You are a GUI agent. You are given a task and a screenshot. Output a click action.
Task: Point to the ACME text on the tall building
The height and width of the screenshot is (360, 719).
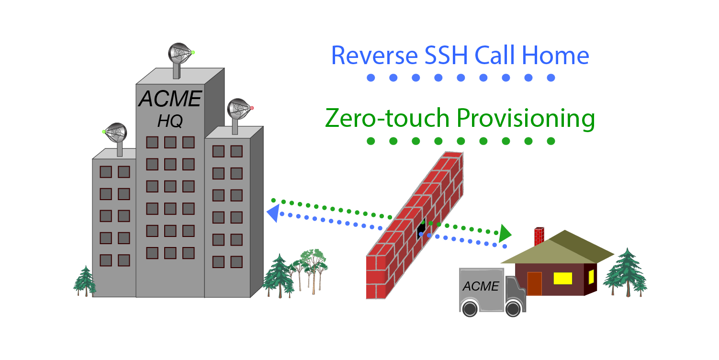click(x=170, y=99)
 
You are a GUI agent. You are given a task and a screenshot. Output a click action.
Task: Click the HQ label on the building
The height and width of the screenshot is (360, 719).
click(x=169, y=122)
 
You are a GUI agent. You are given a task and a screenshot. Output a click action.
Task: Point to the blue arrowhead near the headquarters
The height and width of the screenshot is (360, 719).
click(x=272, y=214)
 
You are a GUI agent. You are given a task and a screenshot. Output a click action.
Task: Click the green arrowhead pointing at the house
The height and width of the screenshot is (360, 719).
click(x=505, y=234)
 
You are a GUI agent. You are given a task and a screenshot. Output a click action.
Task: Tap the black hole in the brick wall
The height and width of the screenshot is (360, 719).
click(x=421, y=229)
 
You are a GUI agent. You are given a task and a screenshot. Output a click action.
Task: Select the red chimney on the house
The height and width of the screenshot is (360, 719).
click(x=539, y=235)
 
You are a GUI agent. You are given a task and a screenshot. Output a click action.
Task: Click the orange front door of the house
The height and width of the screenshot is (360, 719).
click(x=534, y=283)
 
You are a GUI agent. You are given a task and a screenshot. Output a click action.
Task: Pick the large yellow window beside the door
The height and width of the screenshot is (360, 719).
click(x=562, y=278)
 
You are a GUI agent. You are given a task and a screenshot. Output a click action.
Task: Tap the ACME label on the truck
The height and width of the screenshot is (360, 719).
click(x=481, y=286)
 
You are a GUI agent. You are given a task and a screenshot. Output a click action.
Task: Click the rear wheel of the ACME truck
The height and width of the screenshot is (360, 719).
click(x=470, y=307)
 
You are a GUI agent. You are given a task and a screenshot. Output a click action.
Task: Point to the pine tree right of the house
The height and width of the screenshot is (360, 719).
click(x=625, y=273)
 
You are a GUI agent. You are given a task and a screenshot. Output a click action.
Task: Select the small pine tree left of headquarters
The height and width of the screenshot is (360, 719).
click(x=85, y=281)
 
